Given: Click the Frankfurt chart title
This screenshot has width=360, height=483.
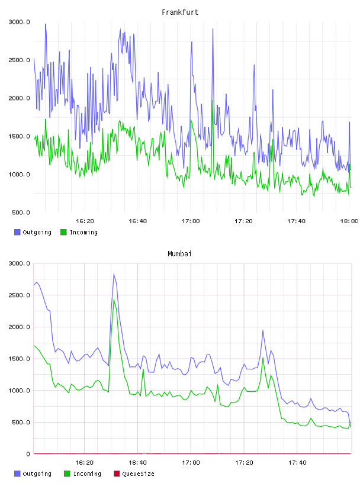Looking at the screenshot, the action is (180, 12).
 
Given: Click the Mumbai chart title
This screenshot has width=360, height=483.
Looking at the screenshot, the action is (179, 254).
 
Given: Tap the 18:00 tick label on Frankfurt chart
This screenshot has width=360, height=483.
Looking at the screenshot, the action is (349, 221).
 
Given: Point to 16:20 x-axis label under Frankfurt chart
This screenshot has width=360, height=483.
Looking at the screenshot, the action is (85, 221).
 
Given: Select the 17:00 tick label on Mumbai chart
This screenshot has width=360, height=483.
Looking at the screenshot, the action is (191, 463).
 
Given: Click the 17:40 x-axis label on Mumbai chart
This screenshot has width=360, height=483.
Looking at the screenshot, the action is (297, 463).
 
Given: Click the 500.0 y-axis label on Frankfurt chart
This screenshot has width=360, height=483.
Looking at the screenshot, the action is (21, 212).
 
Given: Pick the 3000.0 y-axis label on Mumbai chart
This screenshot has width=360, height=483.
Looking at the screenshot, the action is (19, 263).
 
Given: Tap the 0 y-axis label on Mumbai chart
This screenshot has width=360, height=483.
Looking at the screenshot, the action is (28, 454).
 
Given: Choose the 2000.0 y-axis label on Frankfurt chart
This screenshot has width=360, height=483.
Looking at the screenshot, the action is (19, 98).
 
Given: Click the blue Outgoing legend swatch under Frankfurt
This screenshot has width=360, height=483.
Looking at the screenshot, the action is (17, 232).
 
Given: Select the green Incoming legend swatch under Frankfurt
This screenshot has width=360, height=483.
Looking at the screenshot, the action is (63, 232).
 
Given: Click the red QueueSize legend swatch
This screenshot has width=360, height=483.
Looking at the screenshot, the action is (117, 474).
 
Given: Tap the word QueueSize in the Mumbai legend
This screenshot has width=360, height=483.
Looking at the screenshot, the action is (138, 474).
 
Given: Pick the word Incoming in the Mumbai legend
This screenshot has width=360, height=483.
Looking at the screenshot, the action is (87, 474).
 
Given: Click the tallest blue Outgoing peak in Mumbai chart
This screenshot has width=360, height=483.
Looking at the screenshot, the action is (114, 274).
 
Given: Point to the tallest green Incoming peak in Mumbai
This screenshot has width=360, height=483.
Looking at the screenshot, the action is (114, 300).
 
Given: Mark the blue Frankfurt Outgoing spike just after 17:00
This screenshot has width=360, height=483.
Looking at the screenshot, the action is (192, 42).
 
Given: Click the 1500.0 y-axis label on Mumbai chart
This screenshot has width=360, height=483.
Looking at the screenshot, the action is (19, 359).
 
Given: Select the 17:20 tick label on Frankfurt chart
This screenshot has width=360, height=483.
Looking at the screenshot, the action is (243, 221).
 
